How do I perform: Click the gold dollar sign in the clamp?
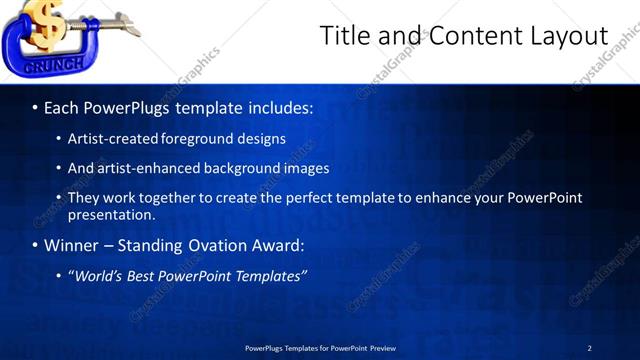[44, 24]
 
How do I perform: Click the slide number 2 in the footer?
[589, 348]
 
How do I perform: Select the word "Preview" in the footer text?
[381, 348]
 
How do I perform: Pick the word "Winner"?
[72, 245]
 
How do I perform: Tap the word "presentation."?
[111, 214]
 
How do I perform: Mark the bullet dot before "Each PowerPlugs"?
[35, 106]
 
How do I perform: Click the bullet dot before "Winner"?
[35, 245]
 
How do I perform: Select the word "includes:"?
[279, 106]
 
